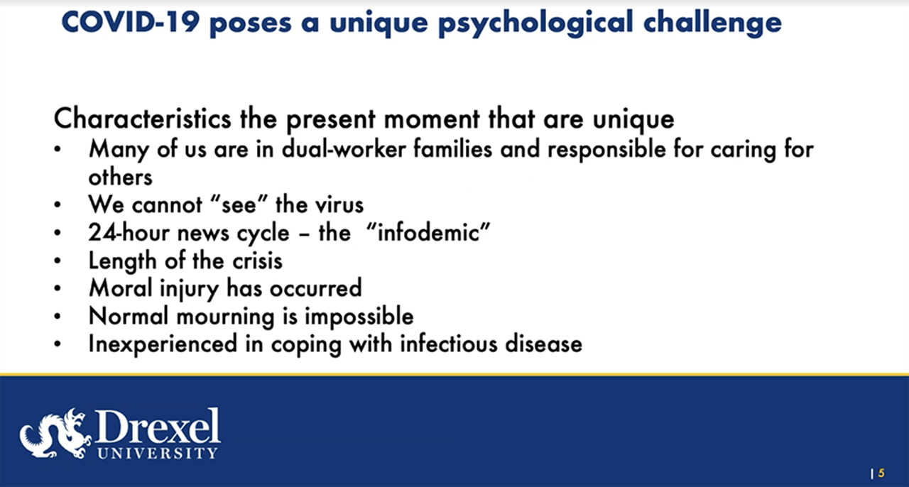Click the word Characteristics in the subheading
click(x=142, y=118)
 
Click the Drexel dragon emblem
click(x=53, y=432)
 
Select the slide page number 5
click(x=881, y=473)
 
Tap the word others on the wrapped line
click(x=120, y=177)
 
